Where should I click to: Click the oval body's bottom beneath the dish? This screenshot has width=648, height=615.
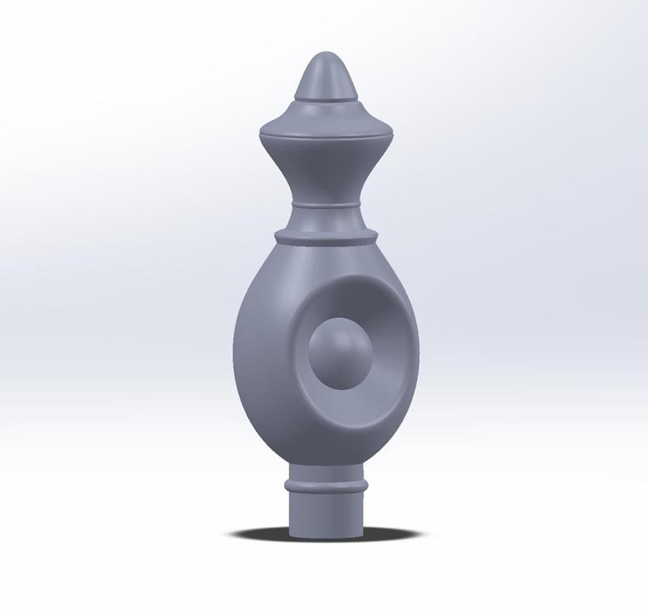point(324,453)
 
